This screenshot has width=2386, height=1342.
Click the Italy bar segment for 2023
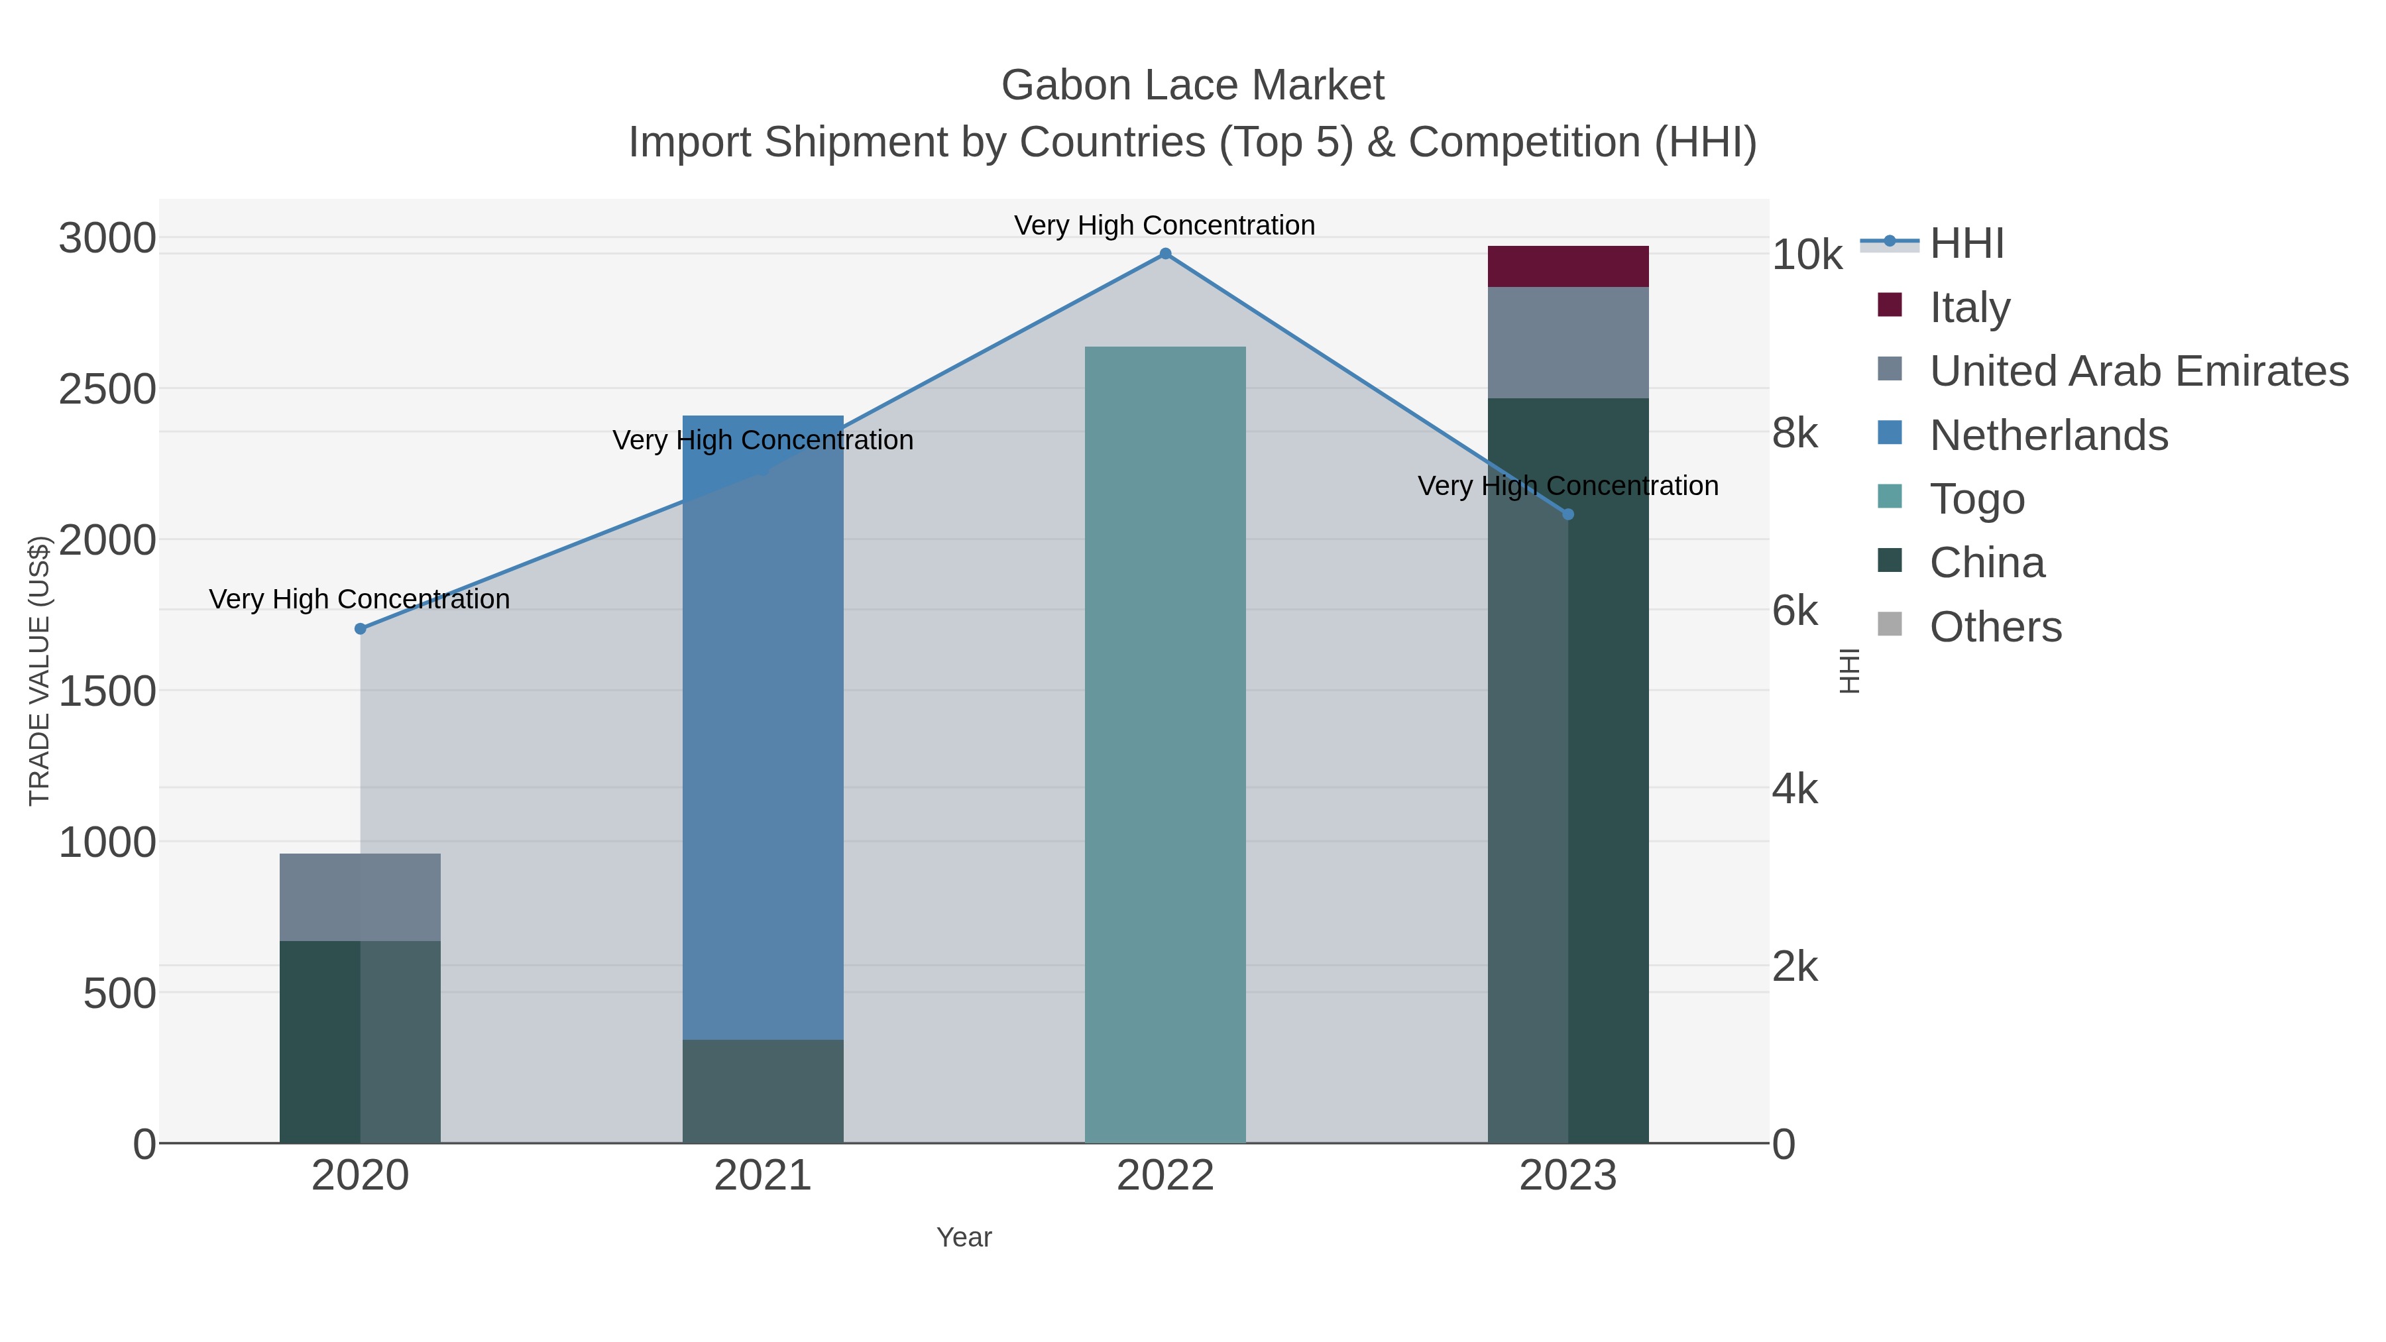(x=1567, y=266)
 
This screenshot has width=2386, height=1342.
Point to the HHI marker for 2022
(x=1165, y=254)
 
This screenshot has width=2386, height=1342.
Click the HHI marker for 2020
(x=361, y=629)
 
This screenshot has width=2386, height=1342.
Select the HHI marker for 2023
(x=1568, y=514)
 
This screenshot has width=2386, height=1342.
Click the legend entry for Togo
(x=1976, y=499)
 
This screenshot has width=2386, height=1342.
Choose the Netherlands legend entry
(x=2048, y=435)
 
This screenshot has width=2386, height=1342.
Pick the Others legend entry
(x=1994, y=627)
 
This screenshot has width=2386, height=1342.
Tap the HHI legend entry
(x=1966, y=244)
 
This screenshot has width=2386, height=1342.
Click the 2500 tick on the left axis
(x=107, y=390)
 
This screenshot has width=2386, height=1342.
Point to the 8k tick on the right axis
(x=1795, y=433)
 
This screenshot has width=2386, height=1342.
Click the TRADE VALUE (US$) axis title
(x=39, y=671)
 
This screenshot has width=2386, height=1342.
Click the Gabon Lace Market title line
(x=1192, y=85)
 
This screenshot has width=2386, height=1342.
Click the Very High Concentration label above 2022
(x=1165, y=225)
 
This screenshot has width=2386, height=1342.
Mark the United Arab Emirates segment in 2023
(x=1567, y=343)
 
